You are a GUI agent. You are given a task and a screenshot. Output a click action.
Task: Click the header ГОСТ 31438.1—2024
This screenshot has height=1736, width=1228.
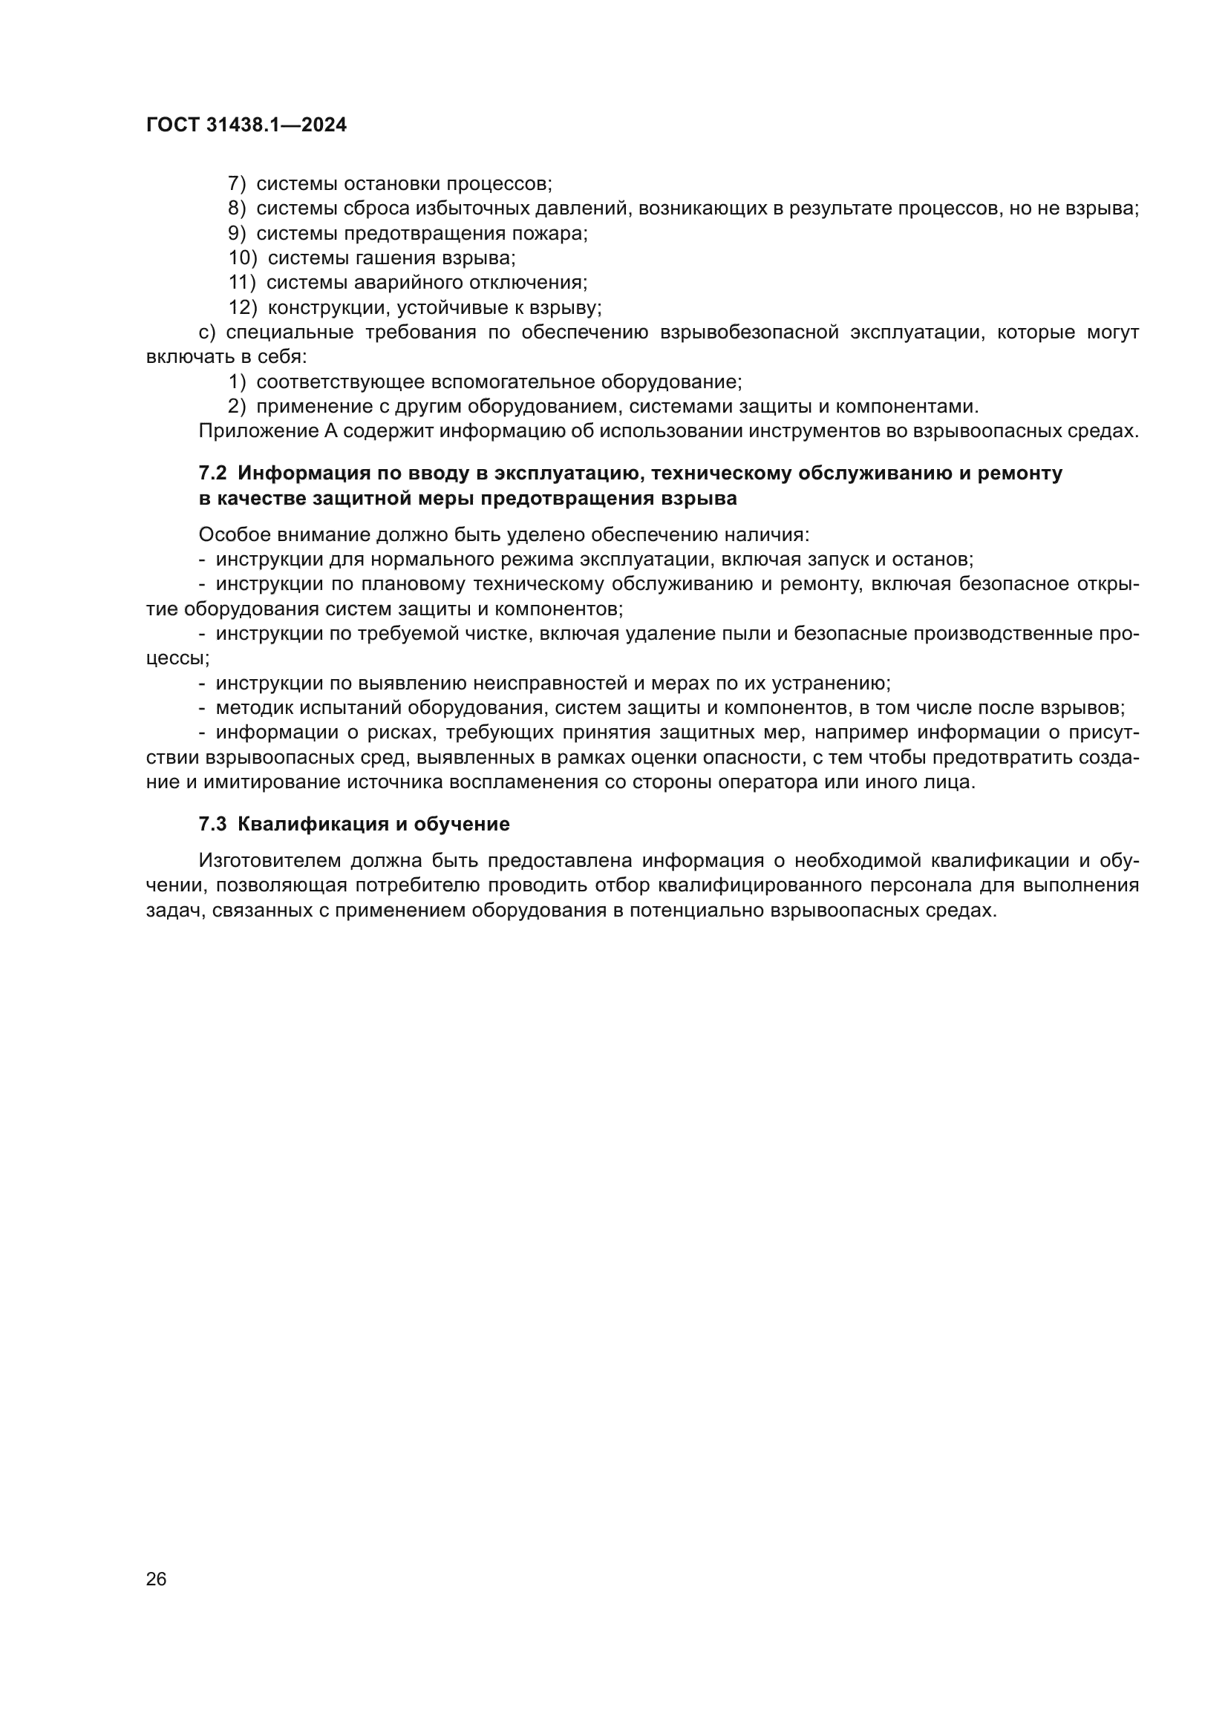pos(246,125)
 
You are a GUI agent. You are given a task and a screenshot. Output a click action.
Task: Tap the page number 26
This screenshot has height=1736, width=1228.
pos(157,1579)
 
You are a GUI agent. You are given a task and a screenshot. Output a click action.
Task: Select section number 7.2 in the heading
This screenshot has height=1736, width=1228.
pos(212,474)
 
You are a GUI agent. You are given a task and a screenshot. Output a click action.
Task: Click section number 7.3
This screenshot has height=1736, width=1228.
pos(212,824)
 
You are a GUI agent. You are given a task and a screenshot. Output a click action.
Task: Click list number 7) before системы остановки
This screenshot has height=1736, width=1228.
pos(237,184)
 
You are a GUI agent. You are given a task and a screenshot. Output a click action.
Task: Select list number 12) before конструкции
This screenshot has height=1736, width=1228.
pos(243,308)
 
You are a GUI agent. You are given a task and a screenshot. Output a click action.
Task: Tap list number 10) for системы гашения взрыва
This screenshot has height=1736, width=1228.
pos(243,258)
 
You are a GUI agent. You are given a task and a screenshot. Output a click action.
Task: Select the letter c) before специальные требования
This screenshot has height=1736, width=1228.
pos(207,333)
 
